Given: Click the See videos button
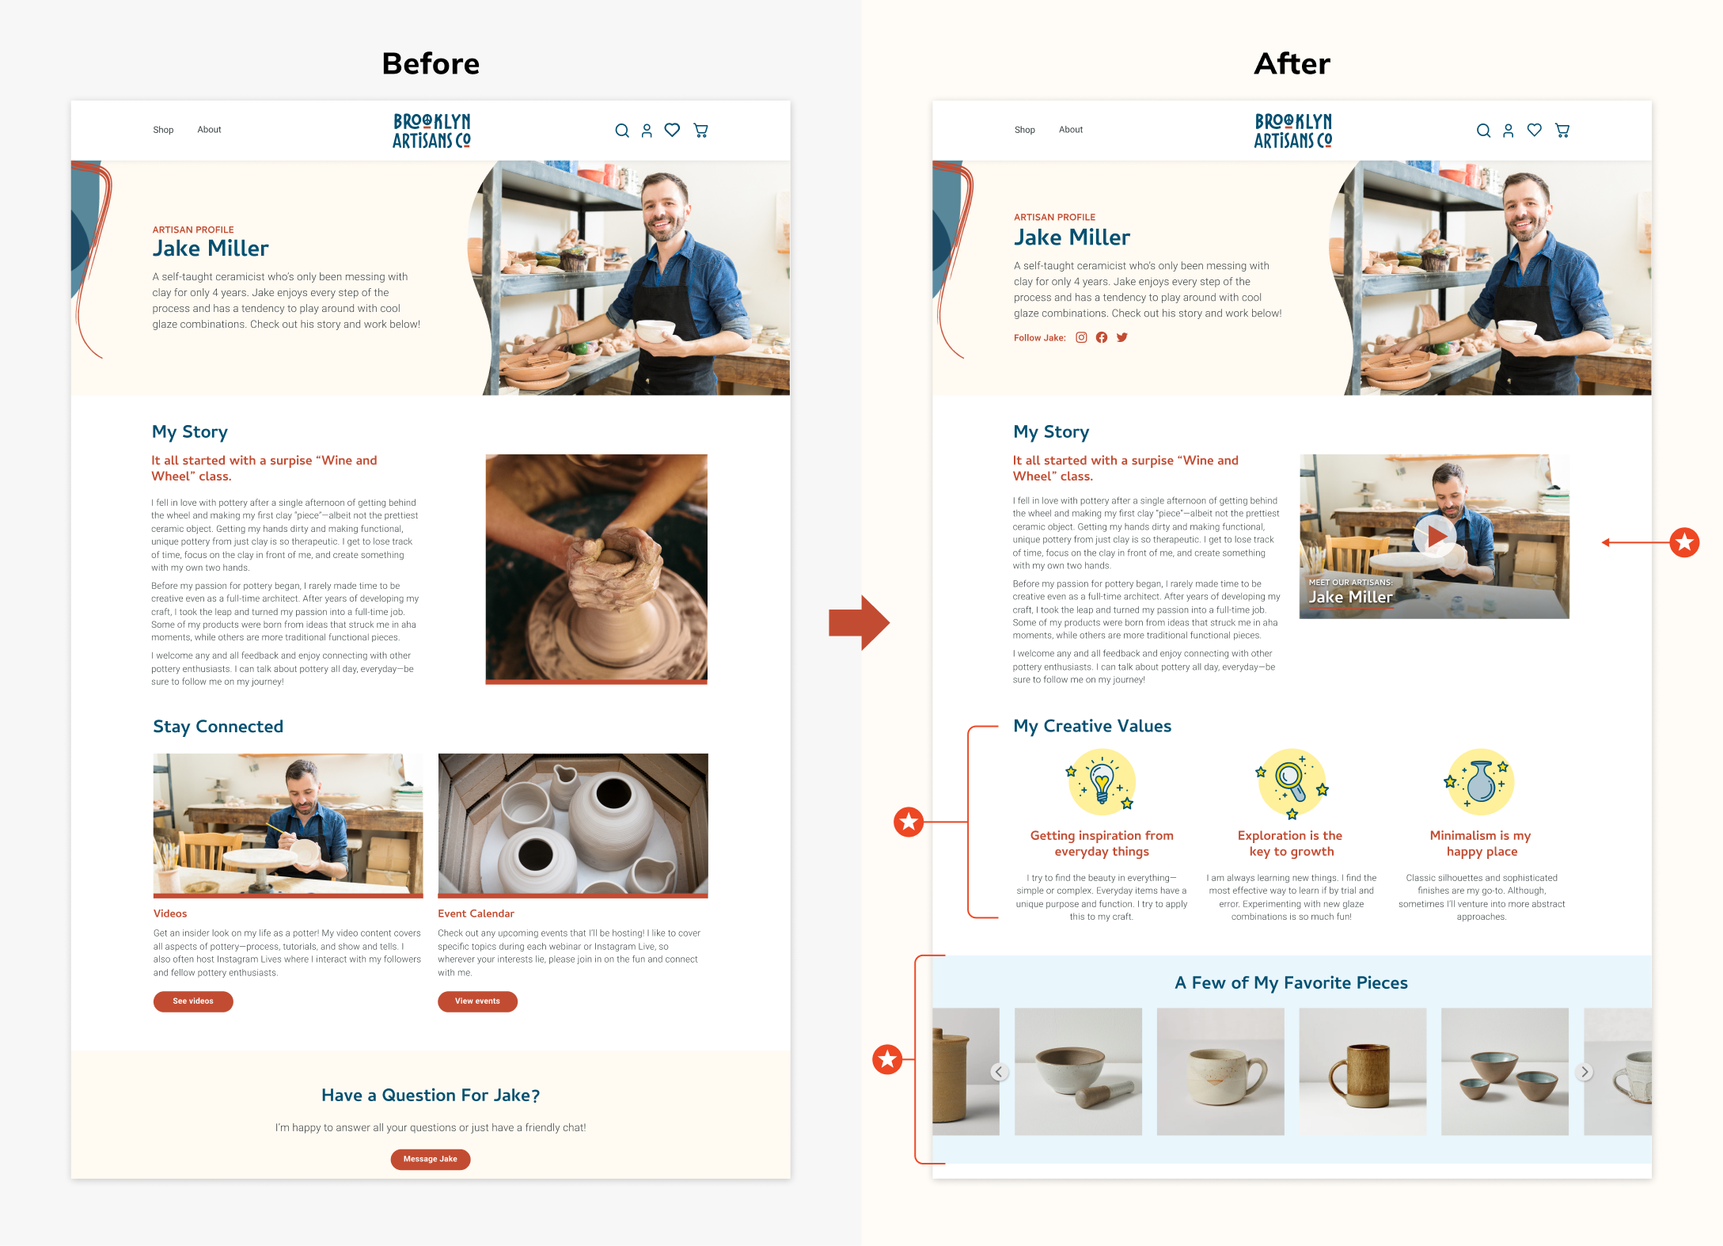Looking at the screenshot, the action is pos(193,1001).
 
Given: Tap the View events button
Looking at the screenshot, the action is pos(477,1001).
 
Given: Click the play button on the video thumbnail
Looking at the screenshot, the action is pos(1435,536).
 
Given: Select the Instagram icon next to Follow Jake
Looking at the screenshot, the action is pos(1081,337).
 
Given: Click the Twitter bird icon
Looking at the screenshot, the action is pos(1121,337).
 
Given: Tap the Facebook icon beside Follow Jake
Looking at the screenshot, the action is pos(1102,337).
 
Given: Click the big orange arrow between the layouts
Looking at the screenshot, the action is pos(860,623).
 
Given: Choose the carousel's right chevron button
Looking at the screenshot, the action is pos(1584,1072).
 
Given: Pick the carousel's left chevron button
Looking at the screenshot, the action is pos(999,1072).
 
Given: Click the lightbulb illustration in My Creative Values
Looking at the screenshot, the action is pos(1102,782).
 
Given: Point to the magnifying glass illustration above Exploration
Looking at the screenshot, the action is pos(1292,783).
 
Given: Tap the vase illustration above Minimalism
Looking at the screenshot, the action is pos(1481,782).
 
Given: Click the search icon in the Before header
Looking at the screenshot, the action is pos(622,131).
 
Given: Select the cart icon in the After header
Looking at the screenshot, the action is pos(1562,131).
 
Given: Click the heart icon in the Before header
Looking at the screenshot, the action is pos(672,130).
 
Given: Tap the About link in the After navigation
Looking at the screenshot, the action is pos(1071,130).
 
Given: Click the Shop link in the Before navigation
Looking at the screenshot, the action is pos(163,130).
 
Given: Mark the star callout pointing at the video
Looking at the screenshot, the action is pos(1684,542).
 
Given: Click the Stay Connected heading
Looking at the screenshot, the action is pos(218,727).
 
